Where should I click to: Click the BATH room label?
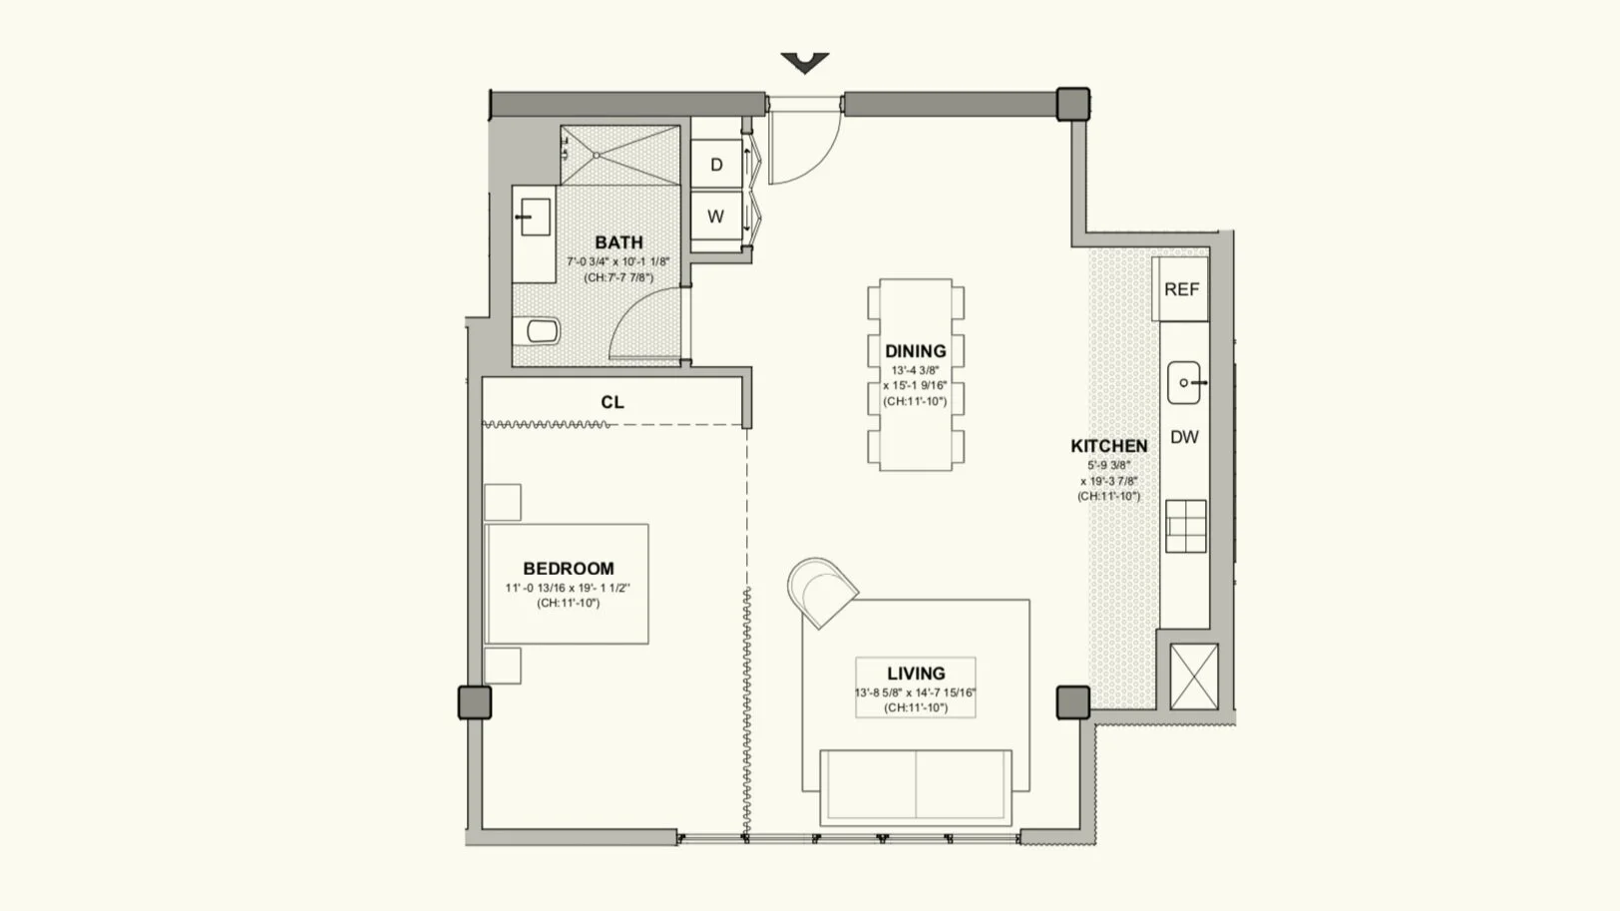pyautogui.click(x=618, y=242)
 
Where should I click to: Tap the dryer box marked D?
pyautogui.click(x=716, y=165)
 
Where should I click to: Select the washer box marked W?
pyautogui.click(x=716, y=216)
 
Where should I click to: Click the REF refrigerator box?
pyautogui.click(x=1181, y=289)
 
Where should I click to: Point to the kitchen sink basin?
pyautogui.click(x=1184, y=383)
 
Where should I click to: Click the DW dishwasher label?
pyautogui.click(x=1184, y=437)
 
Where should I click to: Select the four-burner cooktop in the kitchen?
pyautogui.click(x=1186, y=526)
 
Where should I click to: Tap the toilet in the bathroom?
pyautogui.click(x=538, y=331)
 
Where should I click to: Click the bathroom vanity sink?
pyautogui.click(x=535, y=218)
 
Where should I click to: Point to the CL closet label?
pyautogui.click(x=612, y=402)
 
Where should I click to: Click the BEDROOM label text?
pyautogui.click(x=569, y=569)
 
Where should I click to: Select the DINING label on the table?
pyautogui.click(x=916, y=351)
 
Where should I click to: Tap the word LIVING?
pyautogui.click(x=916, y=674)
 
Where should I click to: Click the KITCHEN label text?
pyautogui.click(x=1108, y=446)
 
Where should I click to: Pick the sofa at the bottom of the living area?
pyautogui.click(x=916, y=787)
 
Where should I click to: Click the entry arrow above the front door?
pyautogui.click(x=805, y=62)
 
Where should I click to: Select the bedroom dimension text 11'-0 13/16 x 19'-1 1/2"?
pyautogui.click(x=568, y=589)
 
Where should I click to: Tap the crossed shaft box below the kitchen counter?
pyautogui.click(x=1194, y=678)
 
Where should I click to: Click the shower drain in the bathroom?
pyautogui.click(x=597, y=155)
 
